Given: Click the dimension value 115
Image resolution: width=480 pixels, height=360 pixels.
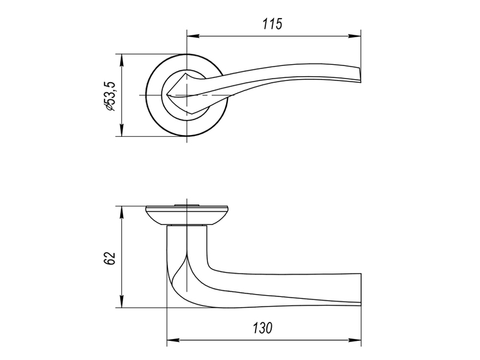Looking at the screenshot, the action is pos(272,24).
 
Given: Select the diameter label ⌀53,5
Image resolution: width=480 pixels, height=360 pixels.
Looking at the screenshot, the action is pos(110,96).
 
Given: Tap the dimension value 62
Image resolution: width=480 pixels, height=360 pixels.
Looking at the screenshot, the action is pos(110,259).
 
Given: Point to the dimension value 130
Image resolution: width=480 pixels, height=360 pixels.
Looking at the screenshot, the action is pos(262,328).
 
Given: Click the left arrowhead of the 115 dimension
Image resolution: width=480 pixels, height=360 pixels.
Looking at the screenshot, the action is pos(193,36).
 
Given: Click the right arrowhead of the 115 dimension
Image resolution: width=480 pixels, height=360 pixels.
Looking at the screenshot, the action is pos(355,36).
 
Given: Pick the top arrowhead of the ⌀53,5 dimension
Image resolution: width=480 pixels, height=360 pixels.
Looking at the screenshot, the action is pos(122,61).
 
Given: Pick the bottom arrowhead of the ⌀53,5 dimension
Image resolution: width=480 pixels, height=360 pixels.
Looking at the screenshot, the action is pos(122,130).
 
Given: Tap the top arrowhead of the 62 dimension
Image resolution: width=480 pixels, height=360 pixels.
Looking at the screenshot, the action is pos(122,212).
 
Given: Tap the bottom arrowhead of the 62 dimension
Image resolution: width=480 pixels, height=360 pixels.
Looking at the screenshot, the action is pos(122,302).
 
